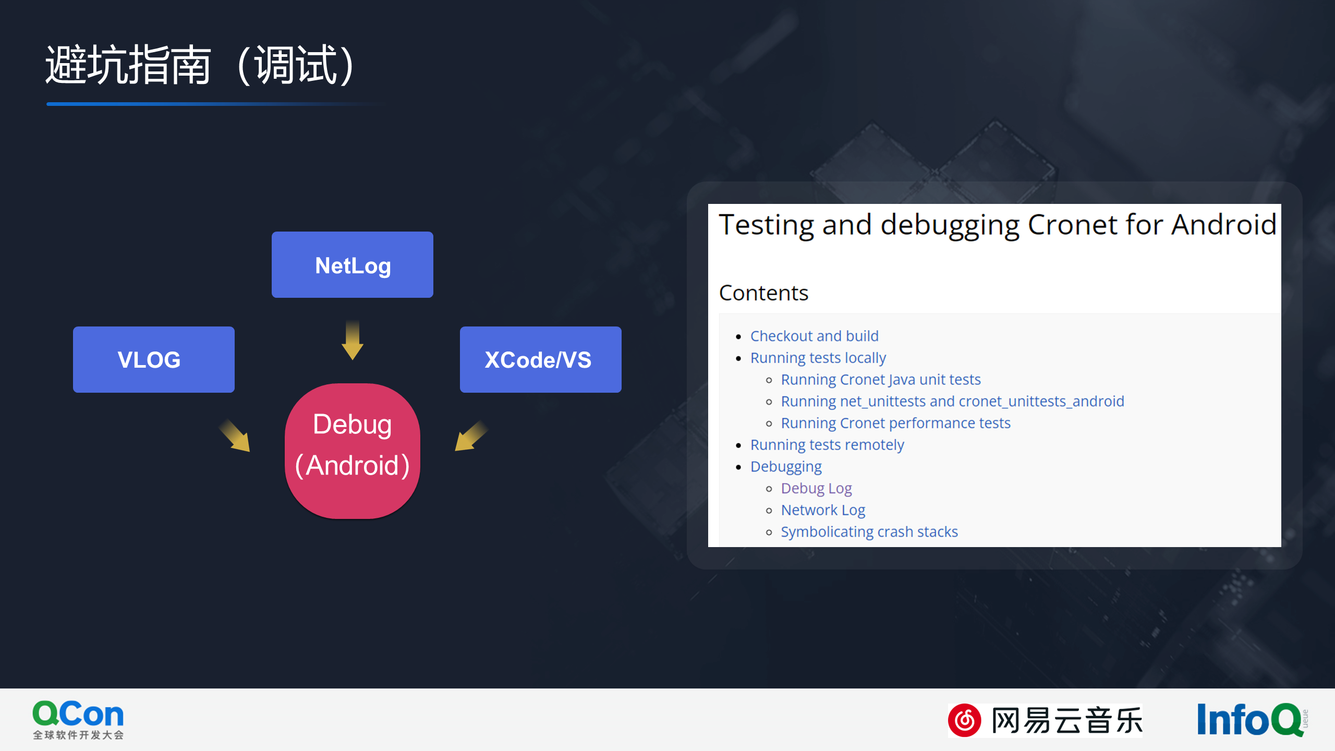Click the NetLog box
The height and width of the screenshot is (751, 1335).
353,264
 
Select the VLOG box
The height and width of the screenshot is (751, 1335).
154,359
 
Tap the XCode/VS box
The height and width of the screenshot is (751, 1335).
541,359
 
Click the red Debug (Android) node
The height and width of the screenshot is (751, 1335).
353,451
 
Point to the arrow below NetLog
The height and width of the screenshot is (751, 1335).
353,340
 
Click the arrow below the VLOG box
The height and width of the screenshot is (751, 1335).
235,435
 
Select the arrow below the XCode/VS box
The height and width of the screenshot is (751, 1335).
471,435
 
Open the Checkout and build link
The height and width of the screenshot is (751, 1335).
815,336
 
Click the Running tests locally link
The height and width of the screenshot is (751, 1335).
818,358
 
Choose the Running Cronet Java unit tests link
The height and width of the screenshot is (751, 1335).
881,380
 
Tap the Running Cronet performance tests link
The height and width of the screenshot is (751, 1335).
895,423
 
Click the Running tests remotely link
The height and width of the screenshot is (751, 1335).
827,445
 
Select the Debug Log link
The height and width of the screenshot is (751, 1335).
816,489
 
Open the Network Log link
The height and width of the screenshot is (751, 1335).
823,510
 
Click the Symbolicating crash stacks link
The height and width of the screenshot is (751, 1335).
869,532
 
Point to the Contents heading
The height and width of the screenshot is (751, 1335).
763,293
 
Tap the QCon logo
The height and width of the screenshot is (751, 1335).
78,720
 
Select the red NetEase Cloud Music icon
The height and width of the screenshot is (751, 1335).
965,720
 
